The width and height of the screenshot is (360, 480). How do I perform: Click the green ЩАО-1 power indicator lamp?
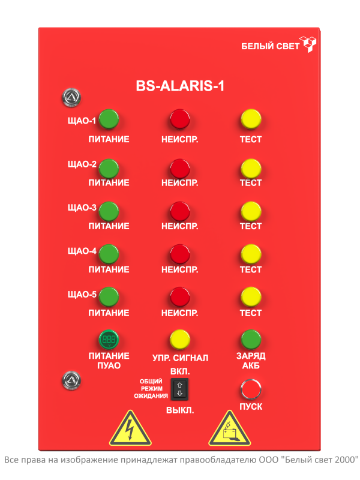109,119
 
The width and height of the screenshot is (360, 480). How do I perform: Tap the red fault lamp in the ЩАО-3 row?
179,211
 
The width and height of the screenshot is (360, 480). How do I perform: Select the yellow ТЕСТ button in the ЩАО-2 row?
251,169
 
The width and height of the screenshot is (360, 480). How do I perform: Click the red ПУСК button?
250,389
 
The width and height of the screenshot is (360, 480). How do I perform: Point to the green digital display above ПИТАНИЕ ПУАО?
109,340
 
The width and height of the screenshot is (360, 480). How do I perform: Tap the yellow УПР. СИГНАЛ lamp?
179,340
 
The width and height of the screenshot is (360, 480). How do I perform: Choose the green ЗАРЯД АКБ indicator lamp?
251,340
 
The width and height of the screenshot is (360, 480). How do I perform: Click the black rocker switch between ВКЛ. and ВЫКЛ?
179,389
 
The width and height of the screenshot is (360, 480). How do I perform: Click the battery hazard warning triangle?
229,429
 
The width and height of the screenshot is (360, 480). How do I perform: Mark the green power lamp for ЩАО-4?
109,254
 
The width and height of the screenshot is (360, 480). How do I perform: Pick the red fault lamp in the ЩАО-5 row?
179,297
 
